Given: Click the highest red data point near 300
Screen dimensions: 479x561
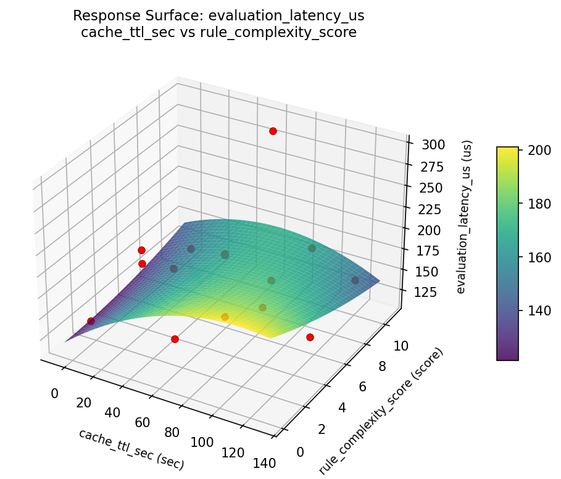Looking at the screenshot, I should point(273,131).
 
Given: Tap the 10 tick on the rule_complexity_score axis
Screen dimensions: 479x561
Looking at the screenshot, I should point(401,346).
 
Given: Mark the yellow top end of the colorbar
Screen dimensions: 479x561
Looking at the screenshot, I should point(507,150).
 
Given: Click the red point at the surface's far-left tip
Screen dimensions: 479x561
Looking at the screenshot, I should point(91,321).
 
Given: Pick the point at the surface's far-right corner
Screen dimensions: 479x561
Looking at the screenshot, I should point(355,280).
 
